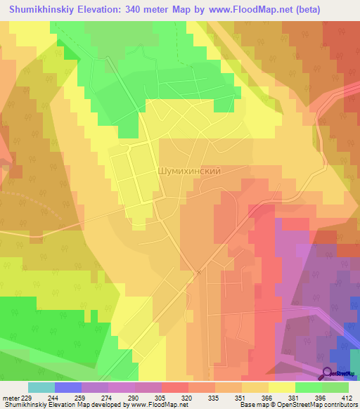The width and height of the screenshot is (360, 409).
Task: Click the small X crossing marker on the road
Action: (x=199, y=273)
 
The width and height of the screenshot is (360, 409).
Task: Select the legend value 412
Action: (x=347, y=397)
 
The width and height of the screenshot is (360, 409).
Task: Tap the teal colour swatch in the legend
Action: (x=41, y=387)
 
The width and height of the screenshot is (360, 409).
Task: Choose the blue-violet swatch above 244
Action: (x=68, y=387)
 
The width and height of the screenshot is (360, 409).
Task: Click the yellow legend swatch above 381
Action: (x=282, y=387)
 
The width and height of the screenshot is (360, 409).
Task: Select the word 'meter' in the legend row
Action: (x=11, y=397)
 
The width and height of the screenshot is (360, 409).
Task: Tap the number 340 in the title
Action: (x=135, y=9)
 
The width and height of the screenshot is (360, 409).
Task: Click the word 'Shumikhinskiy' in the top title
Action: (x=41, y=9)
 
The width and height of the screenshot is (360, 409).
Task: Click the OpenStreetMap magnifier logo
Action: (x=327, y=372)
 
